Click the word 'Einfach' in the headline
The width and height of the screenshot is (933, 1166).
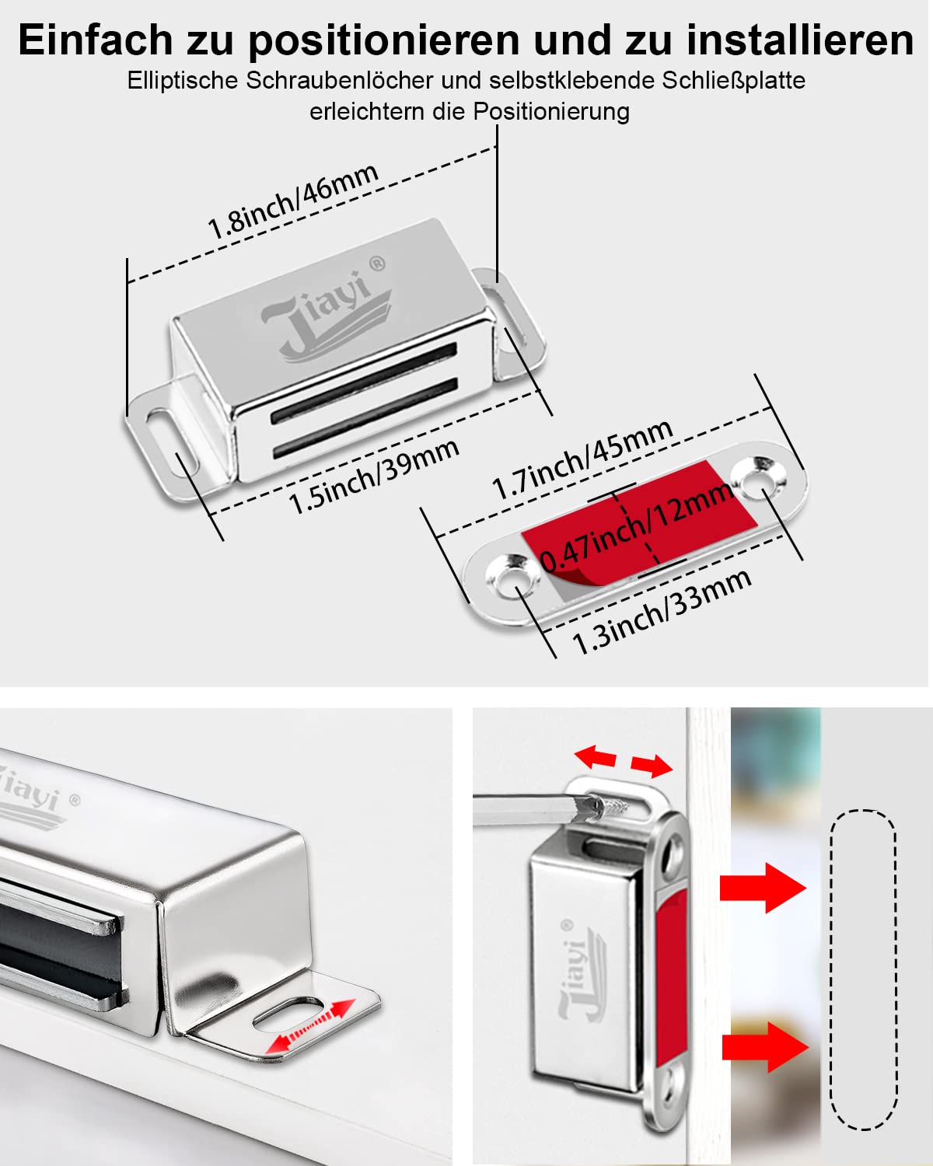coord(96,40)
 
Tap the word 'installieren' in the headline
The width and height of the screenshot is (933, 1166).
coord(800,40)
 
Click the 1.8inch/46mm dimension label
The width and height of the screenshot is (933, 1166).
coord(293,201)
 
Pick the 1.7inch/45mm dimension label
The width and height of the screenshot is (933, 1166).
coord(582,459)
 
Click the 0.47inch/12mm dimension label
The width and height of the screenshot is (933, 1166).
coord(636,526)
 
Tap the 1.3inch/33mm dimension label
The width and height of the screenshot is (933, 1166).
coord(662,610)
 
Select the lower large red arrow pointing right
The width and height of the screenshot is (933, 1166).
coord(764,1046)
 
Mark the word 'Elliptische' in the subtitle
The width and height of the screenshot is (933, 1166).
coord(185,81)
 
